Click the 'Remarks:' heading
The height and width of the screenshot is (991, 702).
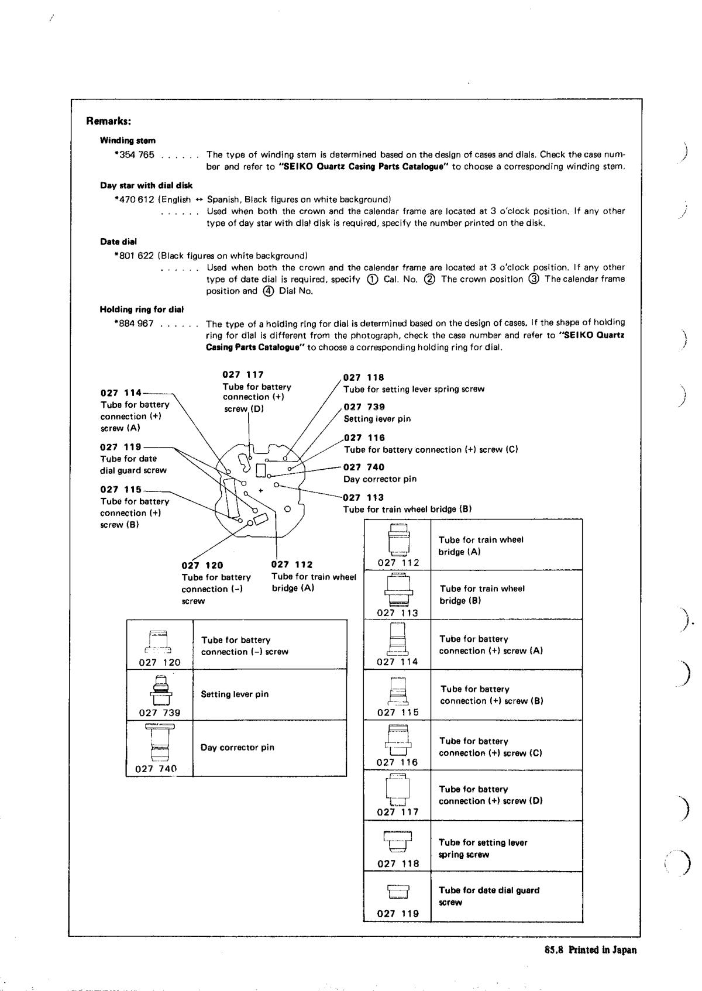[108, 122]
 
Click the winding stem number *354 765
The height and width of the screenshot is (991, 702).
[135, 155]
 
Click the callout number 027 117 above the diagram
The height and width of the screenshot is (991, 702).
[243, 374]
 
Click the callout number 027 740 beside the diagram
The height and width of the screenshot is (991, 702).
[364, 467]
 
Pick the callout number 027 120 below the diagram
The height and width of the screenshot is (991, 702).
[202, 565]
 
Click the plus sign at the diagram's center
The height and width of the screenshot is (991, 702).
[261, 490]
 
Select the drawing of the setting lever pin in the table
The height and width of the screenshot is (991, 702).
[160, 691]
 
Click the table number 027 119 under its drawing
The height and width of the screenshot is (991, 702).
[398, 913]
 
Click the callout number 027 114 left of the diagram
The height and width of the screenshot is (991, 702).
[121, 393]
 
